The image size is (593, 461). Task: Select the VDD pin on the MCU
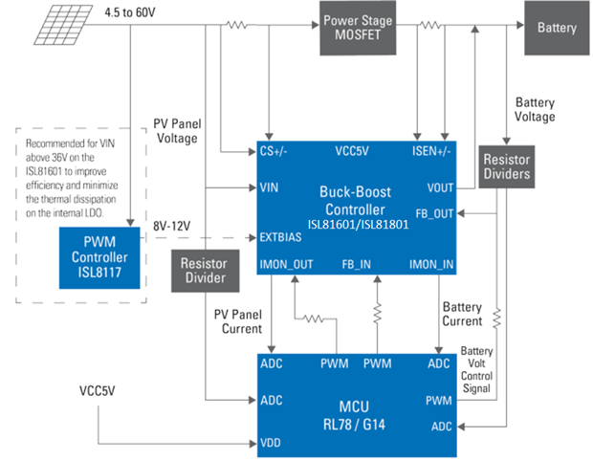pos(271,443)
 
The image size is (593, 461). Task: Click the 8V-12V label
pos(173,227)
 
